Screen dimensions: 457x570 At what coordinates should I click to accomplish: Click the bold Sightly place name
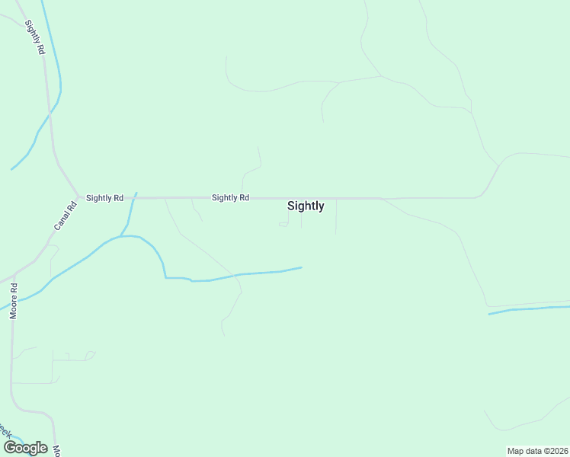tap(306, 206)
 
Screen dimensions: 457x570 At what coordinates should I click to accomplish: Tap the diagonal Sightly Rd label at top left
tap(34, 37)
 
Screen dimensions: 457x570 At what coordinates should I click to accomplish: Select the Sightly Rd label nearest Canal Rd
tap(104, 198)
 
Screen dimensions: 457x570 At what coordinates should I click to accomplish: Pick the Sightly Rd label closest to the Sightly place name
tap(230, 198)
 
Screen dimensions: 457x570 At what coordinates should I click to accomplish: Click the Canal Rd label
tap(66, 216)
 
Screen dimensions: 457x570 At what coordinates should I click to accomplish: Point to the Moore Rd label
tap(13, 301)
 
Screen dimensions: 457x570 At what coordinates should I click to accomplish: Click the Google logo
tap(25, 448)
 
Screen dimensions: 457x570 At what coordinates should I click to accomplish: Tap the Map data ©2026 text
tap(537, 451)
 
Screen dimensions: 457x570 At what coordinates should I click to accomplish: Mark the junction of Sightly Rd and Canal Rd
tap(78, 196)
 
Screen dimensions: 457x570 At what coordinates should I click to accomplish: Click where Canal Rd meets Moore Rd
tap(14, 275)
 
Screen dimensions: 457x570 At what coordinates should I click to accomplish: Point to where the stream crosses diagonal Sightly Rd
tap(50, 113)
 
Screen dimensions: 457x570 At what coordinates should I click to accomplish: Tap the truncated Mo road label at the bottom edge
tap(56, 450)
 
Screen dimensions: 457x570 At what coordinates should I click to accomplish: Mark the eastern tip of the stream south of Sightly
tap(302, 267)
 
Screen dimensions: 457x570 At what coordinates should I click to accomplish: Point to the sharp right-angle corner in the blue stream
tap(166, 278)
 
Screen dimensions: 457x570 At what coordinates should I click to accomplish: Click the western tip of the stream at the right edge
tap(489, 313)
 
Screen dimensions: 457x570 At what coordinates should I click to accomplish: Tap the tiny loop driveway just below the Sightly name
tap(283, 224)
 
